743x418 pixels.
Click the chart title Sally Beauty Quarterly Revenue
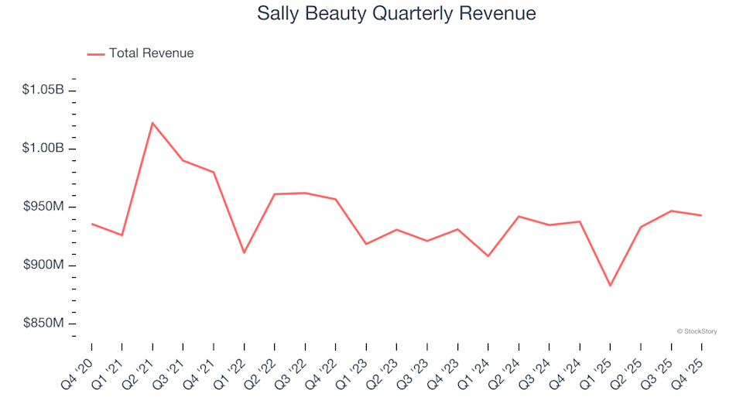pos(396,14)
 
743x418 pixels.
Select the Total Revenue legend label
pos(151,53)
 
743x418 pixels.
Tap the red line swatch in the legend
pos(95,54)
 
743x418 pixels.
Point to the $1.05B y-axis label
pos(43,91)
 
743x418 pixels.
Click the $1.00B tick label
pos(43,149)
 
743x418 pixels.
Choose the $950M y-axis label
pos(44,207)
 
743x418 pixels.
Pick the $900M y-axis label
pos(44,265)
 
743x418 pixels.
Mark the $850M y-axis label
pos(44,323)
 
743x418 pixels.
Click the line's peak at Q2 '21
pos(152,122)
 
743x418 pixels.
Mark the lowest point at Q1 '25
pos(610,286)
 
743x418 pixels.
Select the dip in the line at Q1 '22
pos(244,253)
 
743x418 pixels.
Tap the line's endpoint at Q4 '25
pos(701,215)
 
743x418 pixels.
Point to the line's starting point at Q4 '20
pos(91,224)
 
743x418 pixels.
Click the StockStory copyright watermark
pos(697,331)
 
